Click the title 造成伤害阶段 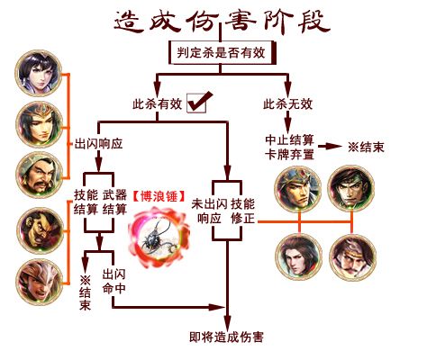click(x=223, y=22)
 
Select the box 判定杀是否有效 click(x=222, y=53)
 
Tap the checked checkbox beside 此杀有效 click(x=198, y=102)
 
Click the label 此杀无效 click(x=287, y=104)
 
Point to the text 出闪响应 click(x=98, y=144)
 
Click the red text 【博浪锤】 click(x=159, y=196)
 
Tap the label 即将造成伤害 click(x=226, y=337)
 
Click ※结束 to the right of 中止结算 click(x=366, y=147)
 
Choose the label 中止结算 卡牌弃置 click(x=289, y=148)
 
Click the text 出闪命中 click(x=114, y=281)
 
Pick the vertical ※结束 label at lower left click(x=85, y=292)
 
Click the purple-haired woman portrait click(x=39, y=73)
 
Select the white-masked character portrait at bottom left click(x=40, y=282)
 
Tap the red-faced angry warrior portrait click(x=40, y=230)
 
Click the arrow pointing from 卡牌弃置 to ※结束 click(x=331, y=147)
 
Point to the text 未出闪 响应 click(x=209, y=211)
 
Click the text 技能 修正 click(x=243, y=211)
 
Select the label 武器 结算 click(x=114, y=202)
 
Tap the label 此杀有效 click(x=158, y=104)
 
